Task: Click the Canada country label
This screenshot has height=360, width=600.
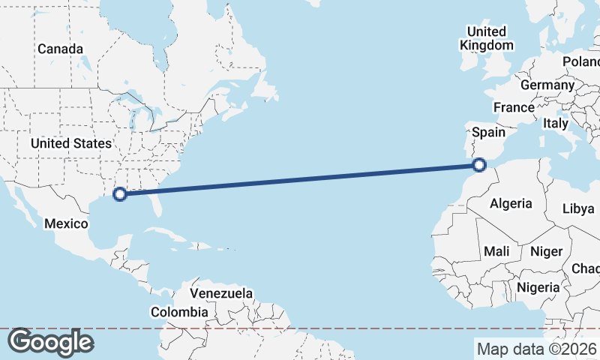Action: click(60, 49)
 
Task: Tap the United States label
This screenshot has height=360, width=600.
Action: click(71, 143)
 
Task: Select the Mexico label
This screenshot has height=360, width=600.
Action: click(67, 223)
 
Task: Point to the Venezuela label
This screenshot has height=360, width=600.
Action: click(221, 293)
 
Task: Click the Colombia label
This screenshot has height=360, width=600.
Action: click(179, 312)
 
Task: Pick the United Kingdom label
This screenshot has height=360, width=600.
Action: click(487, 38)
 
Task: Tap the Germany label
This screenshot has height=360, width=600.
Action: click(547, 85)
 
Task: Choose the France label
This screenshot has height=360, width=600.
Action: click(514, 108)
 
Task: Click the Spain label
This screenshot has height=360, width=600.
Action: click(488, 132)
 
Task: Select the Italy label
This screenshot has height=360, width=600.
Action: click(556, 123)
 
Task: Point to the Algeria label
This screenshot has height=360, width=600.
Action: click(511, 203)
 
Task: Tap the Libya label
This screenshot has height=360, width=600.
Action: click(577, 208)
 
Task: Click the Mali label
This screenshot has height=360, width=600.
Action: click(497, 251)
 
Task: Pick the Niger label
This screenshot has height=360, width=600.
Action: click(546, 251)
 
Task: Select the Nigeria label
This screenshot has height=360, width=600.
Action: click(538, 287)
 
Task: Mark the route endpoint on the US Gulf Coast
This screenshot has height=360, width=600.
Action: click(119, 195)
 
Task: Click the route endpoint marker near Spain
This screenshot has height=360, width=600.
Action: click(481, 164)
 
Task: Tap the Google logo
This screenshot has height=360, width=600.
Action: click(50, 342)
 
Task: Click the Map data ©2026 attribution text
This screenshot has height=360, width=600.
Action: click(537, 349)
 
